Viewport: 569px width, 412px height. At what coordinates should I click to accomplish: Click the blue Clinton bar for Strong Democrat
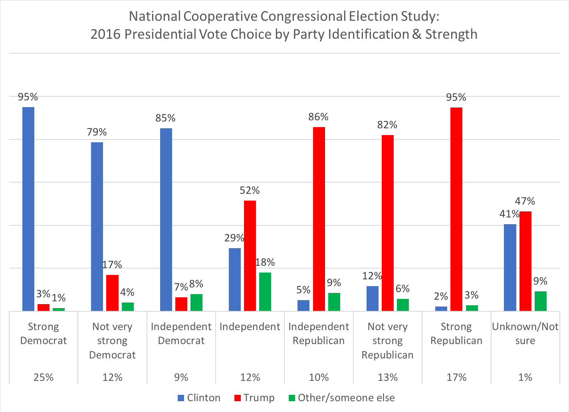click(28, 209)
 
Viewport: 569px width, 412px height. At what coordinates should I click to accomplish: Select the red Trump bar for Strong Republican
click(456, 209)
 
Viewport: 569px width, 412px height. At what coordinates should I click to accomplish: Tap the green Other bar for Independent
click(265, 292)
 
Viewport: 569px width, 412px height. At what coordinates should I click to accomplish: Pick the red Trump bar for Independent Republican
click(319, 219)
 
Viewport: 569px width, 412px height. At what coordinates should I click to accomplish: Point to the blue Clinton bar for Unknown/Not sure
click(510, 267)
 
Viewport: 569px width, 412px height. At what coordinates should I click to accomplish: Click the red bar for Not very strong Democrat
click(112, 293)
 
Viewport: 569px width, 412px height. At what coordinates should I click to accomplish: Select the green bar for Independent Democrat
click(196, 302)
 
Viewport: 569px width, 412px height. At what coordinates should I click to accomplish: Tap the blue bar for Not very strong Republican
click(373, 298)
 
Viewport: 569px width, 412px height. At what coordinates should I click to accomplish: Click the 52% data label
click(250, 191)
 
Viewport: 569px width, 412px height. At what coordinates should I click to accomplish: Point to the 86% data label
click(318, 117)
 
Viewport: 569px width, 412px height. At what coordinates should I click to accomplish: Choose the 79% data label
click(97, 132)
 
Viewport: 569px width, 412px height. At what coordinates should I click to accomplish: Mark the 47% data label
click(525, 201)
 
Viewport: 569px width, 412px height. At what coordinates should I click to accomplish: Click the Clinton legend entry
click(199, 398)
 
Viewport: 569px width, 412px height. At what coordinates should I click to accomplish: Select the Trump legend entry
click(254, 398)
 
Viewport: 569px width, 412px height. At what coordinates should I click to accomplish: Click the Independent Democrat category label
click(181, 334)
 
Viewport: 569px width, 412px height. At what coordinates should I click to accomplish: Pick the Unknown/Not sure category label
click(525, 334)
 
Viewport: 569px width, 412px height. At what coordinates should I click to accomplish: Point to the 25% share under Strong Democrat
click(44, 377)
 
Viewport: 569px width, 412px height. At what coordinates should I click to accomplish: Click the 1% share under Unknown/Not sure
click(525, 377)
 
